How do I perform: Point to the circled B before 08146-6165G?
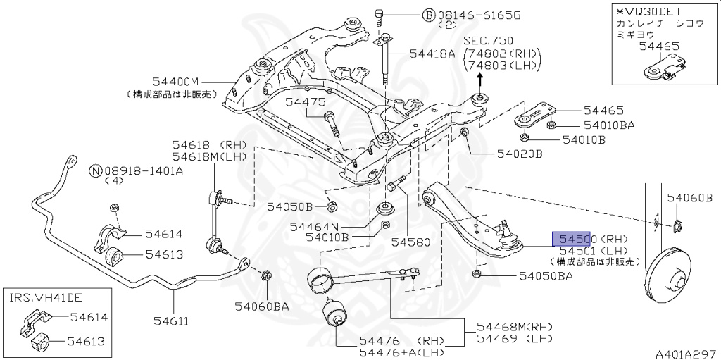point(428,14)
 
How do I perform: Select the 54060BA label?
point(263,306)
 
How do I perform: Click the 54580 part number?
point(410,242)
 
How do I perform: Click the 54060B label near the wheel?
point(690,199)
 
